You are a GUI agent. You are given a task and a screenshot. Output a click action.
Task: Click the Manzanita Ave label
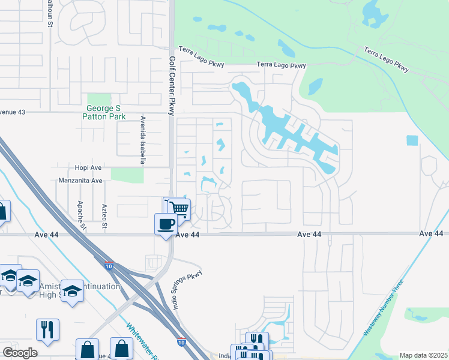pos(80,180)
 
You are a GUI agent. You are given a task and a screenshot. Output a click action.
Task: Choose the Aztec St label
pos(104,217)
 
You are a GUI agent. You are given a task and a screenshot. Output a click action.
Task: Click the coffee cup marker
pos(166,224)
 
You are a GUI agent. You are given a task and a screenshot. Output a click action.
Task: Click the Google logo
pos(20,352)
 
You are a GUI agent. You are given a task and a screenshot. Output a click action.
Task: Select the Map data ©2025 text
pos(423,355)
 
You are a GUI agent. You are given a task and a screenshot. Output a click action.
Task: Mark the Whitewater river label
pos(143,342)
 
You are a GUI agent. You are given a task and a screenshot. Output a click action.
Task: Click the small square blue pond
pos(411,140)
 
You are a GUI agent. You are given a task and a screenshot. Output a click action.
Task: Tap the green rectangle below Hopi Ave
pos(127,175)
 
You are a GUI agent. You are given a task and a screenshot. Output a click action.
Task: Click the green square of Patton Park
pos(95,99)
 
